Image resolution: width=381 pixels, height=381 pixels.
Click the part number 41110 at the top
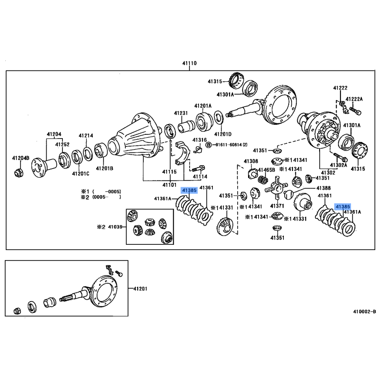pos(189,63)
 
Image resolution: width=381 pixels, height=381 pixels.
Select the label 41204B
pos(20,158)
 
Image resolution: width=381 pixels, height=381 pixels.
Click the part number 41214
pos(86,136)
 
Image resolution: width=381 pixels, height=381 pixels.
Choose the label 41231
pos(181,113)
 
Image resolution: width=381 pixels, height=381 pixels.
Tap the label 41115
pos(169,172)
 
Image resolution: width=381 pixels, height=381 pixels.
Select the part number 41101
pos(170,184)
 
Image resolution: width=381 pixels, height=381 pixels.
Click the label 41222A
pos(354,99)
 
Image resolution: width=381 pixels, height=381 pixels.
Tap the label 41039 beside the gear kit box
pos(116,227)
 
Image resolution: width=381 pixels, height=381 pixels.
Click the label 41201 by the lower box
pos(140,289)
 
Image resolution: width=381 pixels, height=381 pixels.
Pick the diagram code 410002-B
pos(364,311)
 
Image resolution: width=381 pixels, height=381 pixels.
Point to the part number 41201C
pos(81,173)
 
